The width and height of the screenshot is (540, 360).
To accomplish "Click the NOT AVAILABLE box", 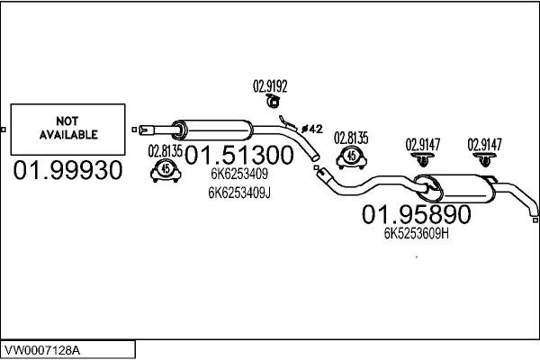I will coord(67,129).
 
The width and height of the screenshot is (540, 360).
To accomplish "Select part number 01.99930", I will coord(67,170).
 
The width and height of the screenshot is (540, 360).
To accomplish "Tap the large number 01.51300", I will coord(239,156).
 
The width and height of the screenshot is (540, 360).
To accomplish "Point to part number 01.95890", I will coord(417,215).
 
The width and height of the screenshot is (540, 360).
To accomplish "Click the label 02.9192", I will coord(270,86).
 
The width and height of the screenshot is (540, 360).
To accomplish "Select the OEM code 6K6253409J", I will coord(238,192).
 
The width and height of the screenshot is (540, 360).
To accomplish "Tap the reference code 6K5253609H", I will coord(417,233).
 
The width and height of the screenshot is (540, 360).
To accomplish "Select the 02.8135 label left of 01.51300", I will coord(165,150).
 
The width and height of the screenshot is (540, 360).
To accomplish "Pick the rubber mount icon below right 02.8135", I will coord(352,157).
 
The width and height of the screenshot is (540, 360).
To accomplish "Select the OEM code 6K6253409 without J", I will coord(238,175).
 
